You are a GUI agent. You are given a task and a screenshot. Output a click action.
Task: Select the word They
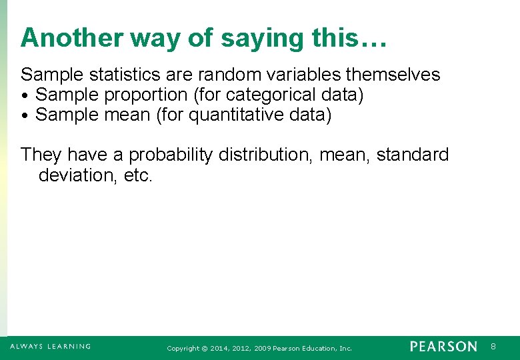(x=41, y=155)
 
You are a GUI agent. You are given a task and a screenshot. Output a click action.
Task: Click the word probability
(x=169, y=155)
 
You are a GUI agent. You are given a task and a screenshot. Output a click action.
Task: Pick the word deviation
(x=73, y=175)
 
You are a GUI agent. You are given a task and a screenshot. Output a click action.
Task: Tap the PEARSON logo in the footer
(x=443, y=347)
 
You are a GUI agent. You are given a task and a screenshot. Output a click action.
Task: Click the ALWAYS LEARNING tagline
(x=50, y=347)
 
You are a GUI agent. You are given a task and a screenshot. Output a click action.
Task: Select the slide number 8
(x=493, y=347)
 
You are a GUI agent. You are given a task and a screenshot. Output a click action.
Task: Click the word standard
(x=413, y=155)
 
